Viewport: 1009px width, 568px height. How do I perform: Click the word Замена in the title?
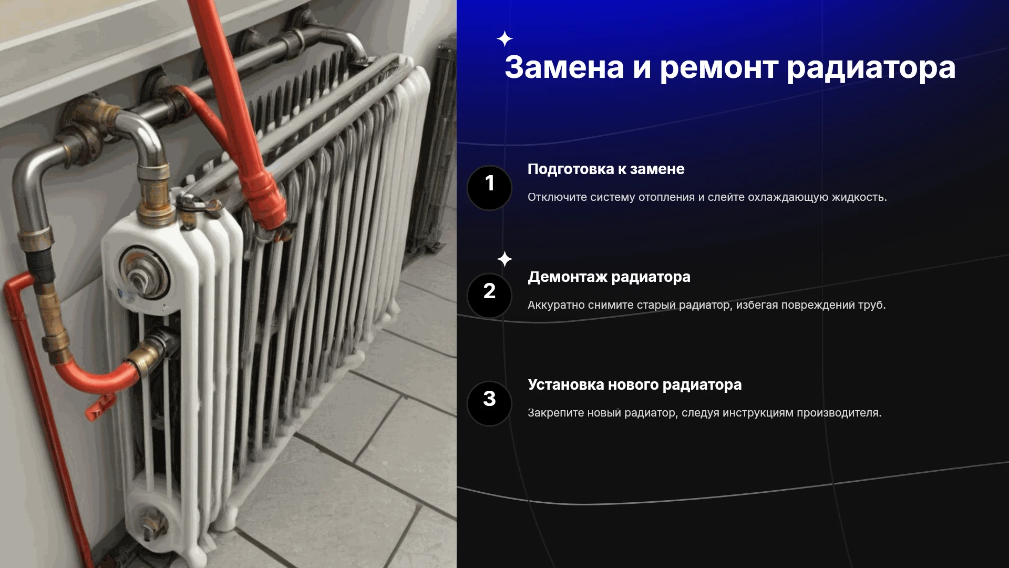click(564, 67)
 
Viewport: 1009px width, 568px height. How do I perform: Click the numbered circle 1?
click(489, 188)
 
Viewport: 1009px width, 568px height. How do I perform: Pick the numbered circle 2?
click(489, 296)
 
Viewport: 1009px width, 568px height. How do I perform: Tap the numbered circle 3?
click(489, 403)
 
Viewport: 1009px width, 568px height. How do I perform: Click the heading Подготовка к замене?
click(606, 169)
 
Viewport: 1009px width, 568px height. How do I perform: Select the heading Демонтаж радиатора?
click(609, 277)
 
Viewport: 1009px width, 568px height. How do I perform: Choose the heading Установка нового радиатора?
click(635, 385)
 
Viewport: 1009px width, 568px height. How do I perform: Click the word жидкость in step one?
click(859, 197)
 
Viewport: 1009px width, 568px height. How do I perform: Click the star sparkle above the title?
click(504, 39)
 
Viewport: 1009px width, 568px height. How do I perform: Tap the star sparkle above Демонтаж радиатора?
click(504, 259)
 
